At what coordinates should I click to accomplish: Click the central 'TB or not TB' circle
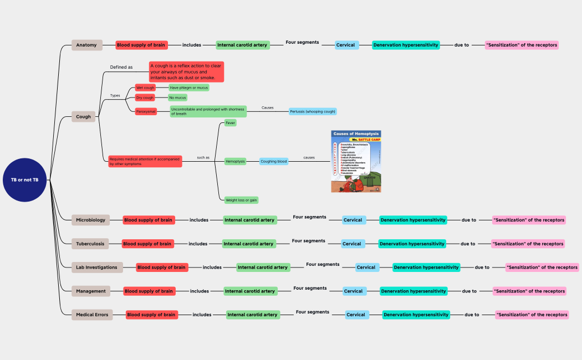point(25,180)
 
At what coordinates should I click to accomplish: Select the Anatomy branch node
point(86,45)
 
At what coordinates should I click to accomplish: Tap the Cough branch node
point(84,117)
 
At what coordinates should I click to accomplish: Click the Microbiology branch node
point(90,220)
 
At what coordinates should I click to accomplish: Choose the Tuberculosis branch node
point(90,244)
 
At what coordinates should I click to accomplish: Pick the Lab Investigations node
point(97,268)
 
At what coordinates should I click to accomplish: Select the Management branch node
point(91,291)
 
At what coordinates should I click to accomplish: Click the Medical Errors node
point(92,315)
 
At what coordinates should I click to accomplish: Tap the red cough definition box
point(186,72)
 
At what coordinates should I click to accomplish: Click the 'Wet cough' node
point(145,88)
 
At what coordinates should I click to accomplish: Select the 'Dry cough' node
point(145,97)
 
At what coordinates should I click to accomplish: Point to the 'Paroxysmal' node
point(146,111)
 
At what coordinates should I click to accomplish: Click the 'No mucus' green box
point(178,97)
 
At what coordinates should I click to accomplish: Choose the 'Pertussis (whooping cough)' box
point(313,111)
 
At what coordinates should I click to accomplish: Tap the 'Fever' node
point(230,123)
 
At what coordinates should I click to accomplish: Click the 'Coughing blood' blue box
point(274,161)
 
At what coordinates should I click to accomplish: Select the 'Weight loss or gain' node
point(241,200)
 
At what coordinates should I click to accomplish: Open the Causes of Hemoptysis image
point(356,161)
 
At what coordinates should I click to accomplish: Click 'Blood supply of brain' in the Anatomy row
point(141,45)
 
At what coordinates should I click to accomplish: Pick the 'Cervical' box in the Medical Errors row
point(356,315)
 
